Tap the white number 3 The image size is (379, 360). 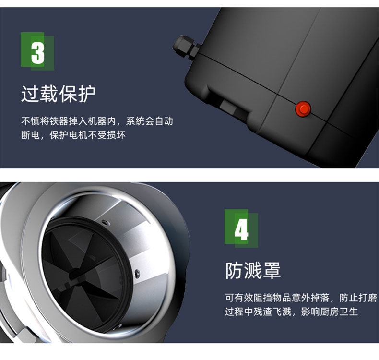coord(38,53)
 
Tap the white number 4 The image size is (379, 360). coord(241,230)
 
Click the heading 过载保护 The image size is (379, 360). coord(58,94)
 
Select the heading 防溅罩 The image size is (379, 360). coord(253,271)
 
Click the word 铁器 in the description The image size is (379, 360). coord(54,121)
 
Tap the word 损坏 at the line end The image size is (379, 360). coord(116,135)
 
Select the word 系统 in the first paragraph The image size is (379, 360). coord(135,121)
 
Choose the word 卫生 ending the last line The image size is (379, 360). coord(348,312)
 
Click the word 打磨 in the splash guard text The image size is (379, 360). coord(367,298)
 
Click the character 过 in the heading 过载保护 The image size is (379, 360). coord(30,94)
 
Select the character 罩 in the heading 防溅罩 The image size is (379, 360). coord(272,271)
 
